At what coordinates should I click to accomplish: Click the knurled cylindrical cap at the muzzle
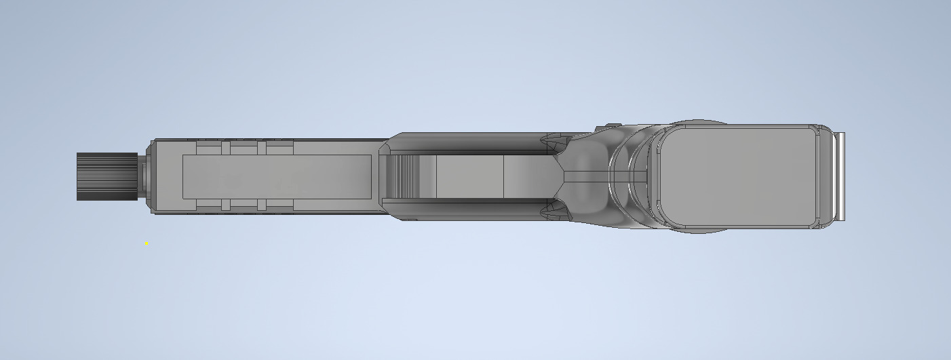click(106, 176)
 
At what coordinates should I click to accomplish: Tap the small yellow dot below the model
click(146, 243)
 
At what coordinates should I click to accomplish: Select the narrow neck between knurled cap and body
click(143, 176)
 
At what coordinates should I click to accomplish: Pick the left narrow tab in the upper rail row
click(226, 147)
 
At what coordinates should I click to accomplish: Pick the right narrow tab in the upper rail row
click(261, 147)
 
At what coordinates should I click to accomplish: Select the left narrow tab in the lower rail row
click(226, 205)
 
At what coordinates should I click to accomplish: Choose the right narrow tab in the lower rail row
click(261, 205)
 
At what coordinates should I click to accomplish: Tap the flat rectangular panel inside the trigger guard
click(469, 176)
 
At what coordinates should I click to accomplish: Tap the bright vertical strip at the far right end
click(840, 176)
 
